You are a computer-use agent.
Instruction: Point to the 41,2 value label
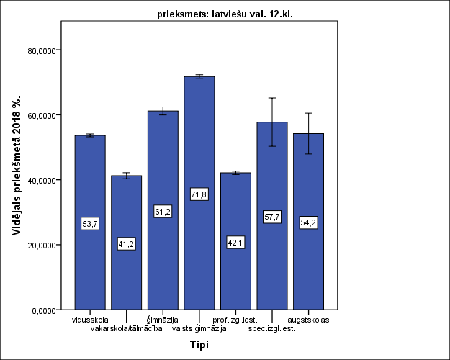[126, 244]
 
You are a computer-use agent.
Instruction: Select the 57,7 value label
[272, 217]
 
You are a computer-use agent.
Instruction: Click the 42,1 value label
[235, 243]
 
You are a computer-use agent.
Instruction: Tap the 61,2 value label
[163, 211]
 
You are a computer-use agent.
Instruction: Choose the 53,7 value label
[90, 224]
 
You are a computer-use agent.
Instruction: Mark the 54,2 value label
[308, 222]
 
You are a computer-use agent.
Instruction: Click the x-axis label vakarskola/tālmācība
[127, 329]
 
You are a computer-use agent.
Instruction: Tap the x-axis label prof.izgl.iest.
[235, 320]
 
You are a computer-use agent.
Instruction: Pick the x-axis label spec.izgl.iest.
[272, 329]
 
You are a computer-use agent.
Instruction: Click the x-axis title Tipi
[199, 345]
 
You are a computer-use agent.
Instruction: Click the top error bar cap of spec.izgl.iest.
[272, 98]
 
